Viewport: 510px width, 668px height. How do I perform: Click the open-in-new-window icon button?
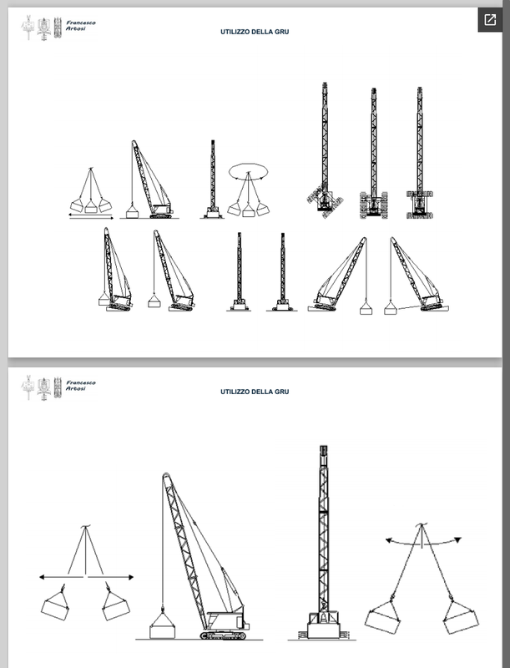click(x=490, y=19)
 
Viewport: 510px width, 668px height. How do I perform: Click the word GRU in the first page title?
click(x=283, y=32)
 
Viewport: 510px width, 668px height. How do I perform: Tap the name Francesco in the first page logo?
click(x=81, y=23)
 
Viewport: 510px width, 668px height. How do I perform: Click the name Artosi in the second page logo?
click(x=76, y=388)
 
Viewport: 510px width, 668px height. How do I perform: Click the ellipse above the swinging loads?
click(x=249, y=163)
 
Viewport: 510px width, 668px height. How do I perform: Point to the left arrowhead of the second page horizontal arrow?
click(x=42, y=577)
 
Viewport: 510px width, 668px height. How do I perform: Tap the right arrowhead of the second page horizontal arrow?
click(x=131, y=577)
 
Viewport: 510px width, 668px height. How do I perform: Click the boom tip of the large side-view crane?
click(x=166, y=476)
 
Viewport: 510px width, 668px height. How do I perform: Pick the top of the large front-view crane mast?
click(x=324, y=450)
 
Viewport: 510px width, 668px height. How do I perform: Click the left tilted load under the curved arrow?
click(x=383, y=617)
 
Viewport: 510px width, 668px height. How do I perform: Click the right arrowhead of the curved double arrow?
click(x=458, y=539)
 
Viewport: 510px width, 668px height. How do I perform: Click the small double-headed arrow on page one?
click(x=91, y=218)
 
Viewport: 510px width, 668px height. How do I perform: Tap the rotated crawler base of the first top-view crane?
click(x=326, y=200)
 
